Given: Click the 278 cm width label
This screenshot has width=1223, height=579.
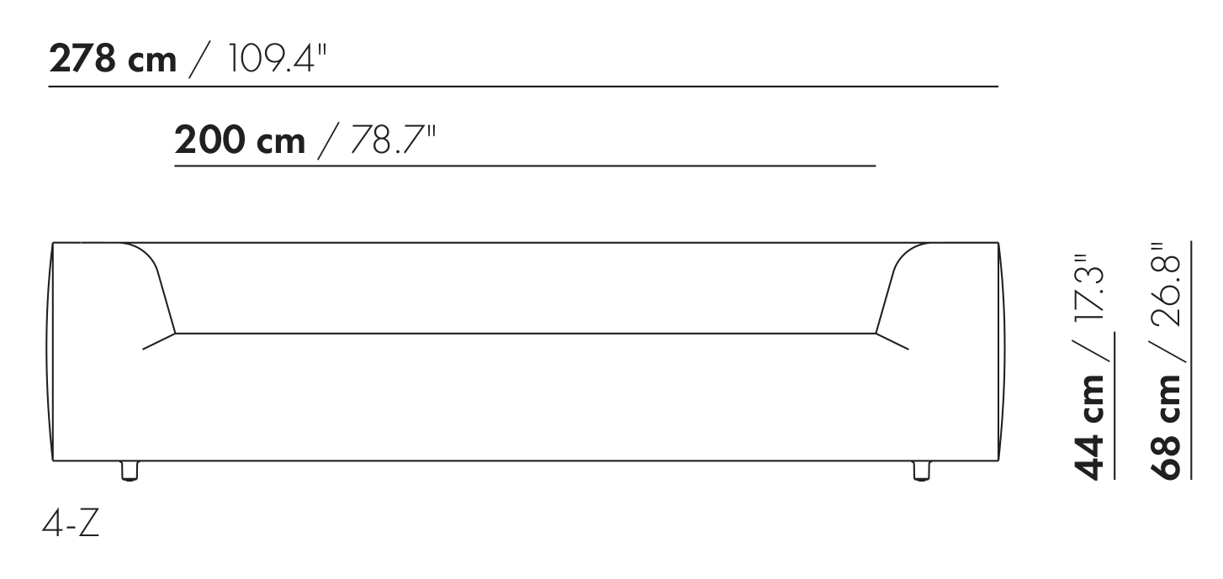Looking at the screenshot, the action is pyautogui.click(x=113, y=59).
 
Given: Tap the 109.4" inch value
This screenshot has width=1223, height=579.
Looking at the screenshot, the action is pyautogui.click(x=276, y=59).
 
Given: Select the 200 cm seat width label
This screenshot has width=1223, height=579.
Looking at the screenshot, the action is pyautogui.click(x=240, y=140).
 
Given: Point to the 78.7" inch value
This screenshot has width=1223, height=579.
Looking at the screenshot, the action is pyautogui.click(x=393, y=140).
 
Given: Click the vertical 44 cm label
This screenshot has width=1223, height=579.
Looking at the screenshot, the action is pyautogui.click(x=1089, y=427).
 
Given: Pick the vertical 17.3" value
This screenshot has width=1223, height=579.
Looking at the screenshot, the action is pyautogui.click(x=1089, y=288).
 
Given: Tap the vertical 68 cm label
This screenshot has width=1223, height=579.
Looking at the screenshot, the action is pyautogui.click(x=1166, y=427).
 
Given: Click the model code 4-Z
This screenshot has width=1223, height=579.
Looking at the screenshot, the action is pyautogui.click(x=71, y=524).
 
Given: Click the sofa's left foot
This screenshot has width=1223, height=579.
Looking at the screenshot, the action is pyautogui.click(x=130, y=471).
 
